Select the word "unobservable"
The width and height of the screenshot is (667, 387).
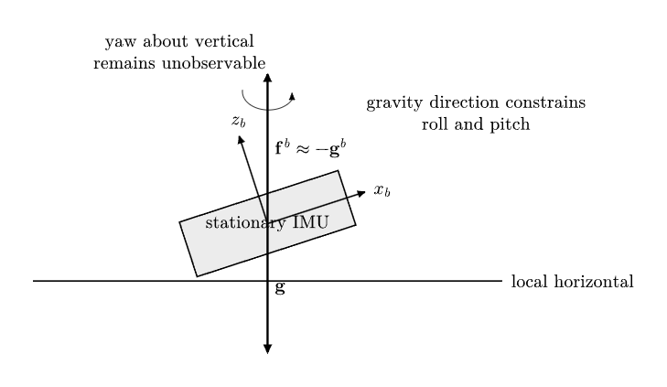click(214, 63)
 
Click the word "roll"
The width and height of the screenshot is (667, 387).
click(432, 124)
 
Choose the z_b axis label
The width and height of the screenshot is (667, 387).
click(239, 121)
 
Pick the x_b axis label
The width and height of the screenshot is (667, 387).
click(382, 190)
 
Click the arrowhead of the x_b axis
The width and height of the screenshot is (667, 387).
click(361, 194)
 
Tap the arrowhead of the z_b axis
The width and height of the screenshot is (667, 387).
click(241, 140)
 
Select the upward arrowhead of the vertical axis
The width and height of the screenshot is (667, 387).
click(267, 78)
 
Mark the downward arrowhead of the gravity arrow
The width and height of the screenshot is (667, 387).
click(267, 349)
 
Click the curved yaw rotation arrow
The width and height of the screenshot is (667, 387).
click(267, 109)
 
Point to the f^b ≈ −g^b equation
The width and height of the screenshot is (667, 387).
click(310, 148)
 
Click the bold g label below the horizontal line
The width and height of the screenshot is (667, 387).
click(279, 288)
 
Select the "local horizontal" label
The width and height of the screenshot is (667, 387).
click(572, 282)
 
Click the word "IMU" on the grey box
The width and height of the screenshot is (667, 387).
click(311, 222)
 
